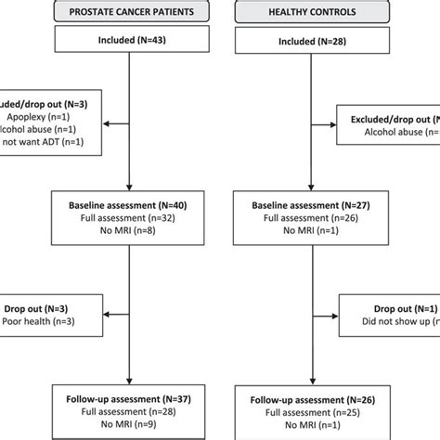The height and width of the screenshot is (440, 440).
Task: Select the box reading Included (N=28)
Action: [x=312, y=42]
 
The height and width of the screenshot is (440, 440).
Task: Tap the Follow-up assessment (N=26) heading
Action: [x=312, y=398]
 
